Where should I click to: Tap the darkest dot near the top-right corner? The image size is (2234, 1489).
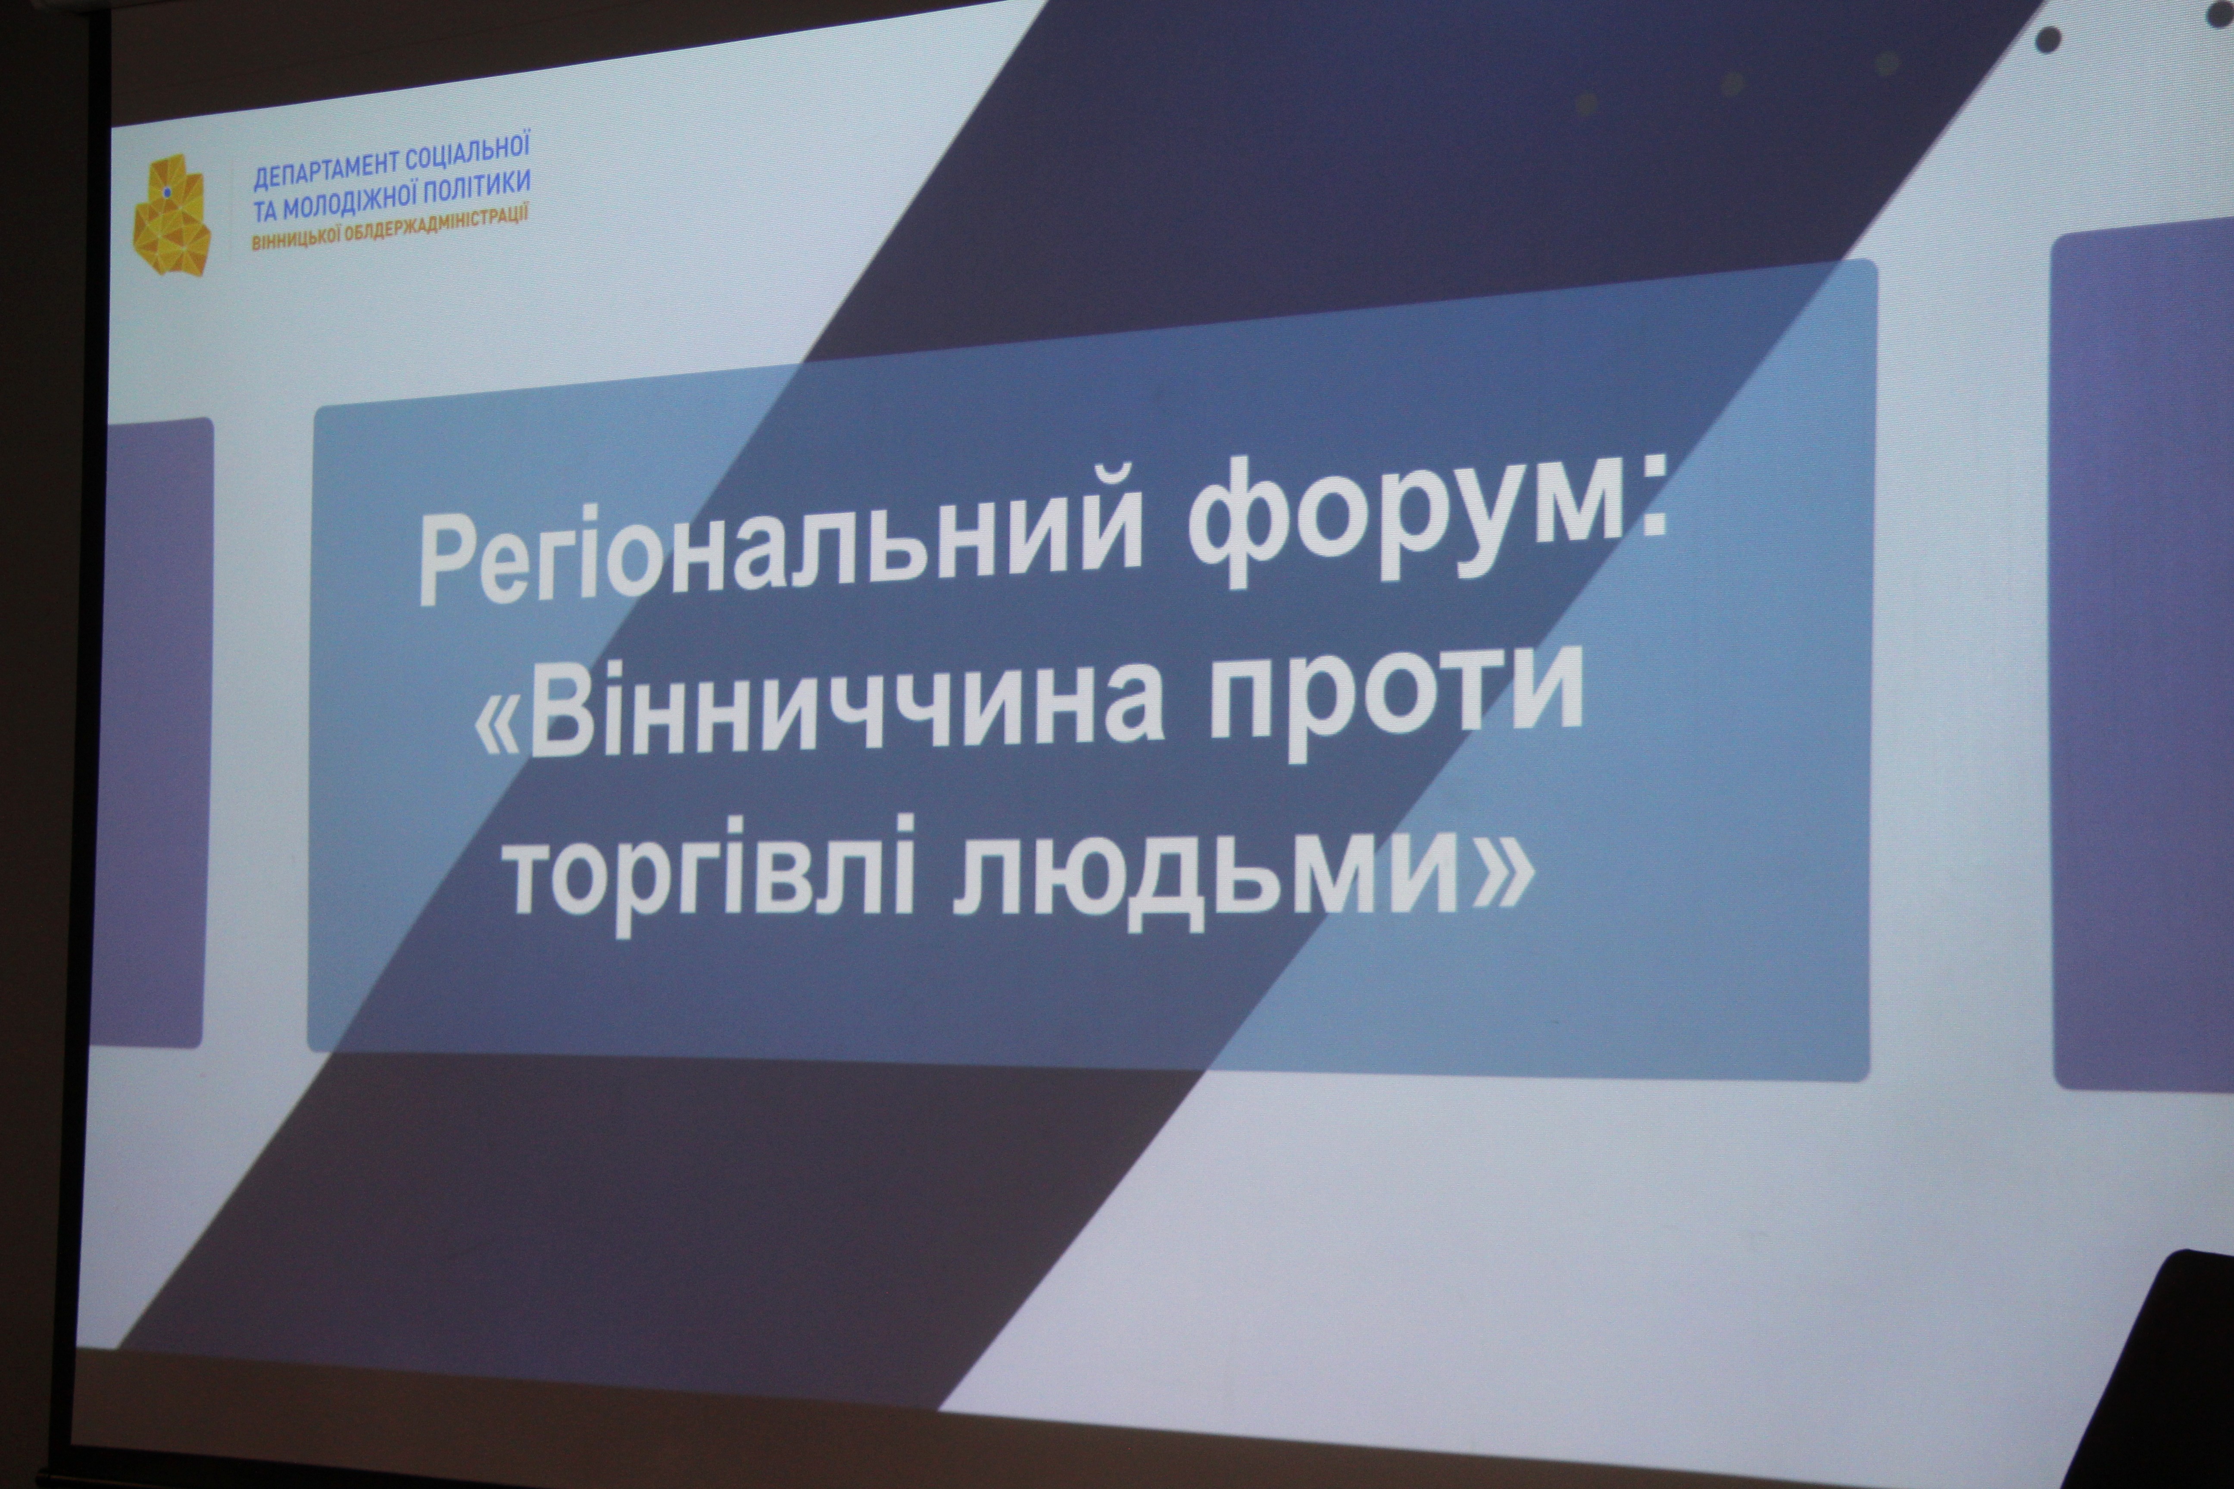[2049, 39]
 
